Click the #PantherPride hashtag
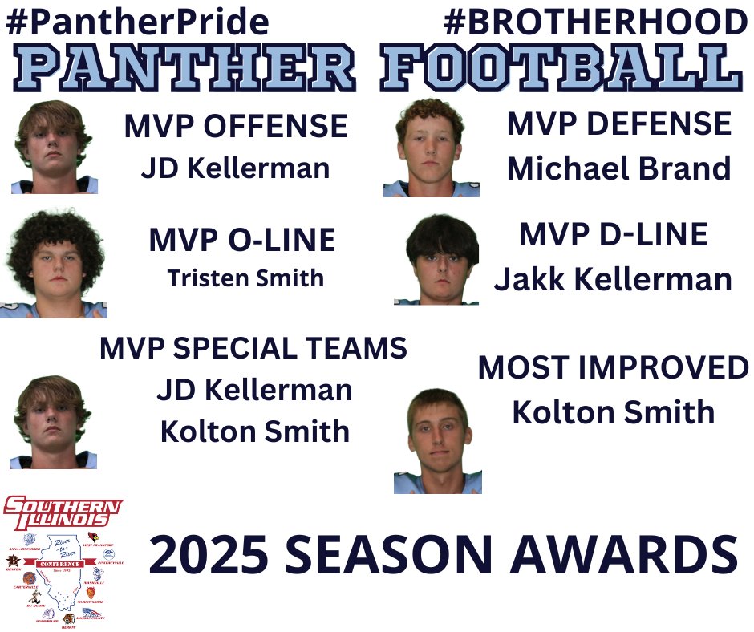(x=137, y=22)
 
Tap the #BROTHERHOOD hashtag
(x=595, y=22)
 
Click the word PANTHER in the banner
(x=182, y=69)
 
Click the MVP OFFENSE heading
(x=236, y=127)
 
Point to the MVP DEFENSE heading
(x=619, y=124)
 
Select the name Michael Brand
(x=619, y=169)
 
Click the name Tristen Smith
(x=245, y=278)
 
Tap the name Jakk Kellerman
(x=613, y=280)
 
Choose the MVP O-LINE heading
(x=241, y=241)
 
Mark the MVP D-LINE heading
(x=614, y=234)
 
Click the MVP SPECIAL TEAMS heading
(x=253, y=348)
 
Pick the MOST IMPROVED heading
(x=614, y=368)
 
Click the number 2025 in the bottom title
(x=210, y=555)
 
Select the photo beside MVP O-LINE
(x=55, y=263)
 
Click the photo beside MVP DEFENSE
(x=431, y=148)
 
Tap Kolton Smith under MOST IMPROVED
(x=614, y=413)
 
